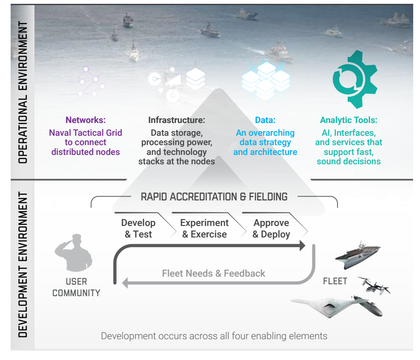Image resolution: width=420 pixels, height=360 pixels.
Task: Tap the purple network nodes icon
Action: pos(91,81)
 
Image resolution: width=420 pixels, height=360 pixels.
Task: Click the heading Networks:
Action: pos(85,120)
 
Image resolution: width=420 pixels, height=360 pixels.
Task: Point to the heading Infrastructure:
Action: pos(176,120)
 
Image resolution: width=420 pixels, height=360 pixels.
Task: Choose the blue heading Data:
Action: pos(265,120)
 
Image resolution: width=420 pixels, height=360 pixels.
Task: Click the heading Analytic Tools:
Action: pos(349,120)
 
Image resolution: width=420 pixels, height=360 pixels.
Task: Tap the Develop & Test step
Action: pos(138,229)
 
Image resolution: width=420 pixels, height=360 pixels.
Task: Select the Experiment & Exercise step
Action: pos(204,229)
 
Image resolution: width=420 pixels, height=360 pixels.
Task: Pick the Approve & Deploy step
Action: pos(271,229)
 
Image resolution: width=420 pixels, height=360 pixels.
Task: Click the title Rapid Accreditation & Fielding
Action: pos(214,197)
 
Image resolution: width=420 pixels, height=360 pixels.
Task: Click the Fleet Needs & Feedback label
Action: pos(213,273)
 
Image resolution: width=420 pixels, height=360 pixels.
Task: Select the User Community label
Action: pos(76,287)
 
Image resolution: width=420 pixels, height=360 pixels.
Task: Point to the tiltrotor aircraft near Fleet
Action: pos(374,285)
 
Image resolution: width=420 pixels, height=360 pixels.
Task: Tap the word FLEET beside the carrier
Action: pos(335,281)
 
